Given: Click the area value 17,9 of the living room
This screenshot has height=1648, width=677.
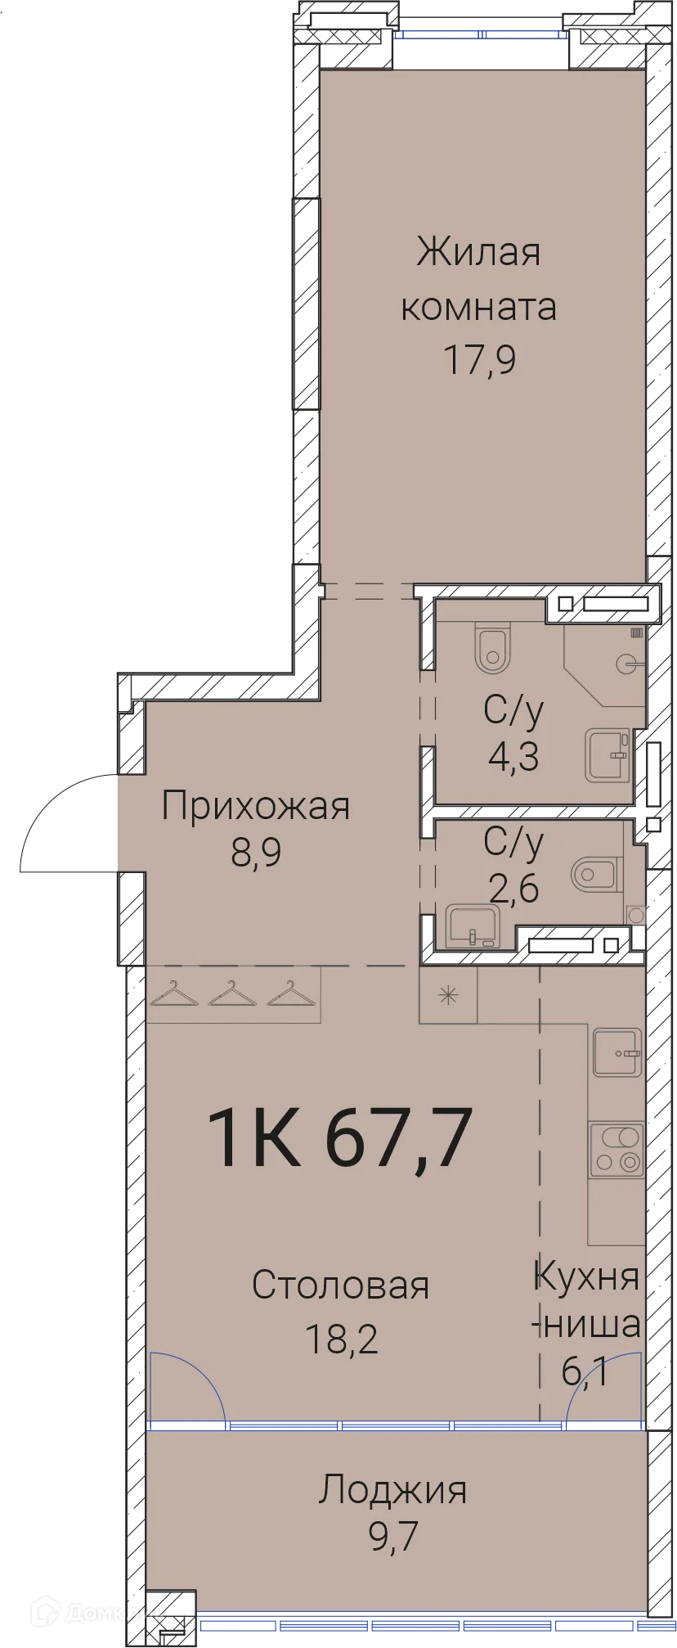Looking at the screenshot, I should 479,359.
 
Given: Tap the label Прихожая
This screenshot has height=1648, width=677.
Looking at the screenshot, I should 256,806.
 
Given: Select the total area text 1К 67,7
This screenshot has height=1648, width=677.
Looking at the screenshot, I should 340,1137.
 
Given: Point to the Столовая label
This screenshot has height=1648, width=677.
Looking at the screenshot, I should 340,1286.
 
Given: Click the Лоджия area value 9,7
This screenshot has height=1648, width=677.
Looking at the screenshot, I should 392,1537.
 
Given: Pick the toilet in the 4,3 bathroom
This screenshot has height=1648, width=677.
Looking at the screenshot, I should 492,647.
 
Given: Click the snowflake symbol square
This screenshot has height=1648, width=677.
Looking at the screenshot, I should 448,995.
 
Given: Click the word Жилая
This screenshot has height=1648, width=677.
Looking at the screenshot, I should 478,252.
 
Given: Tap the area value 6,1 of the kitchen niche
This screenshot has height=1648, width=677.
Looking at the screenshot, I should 585,1371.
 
